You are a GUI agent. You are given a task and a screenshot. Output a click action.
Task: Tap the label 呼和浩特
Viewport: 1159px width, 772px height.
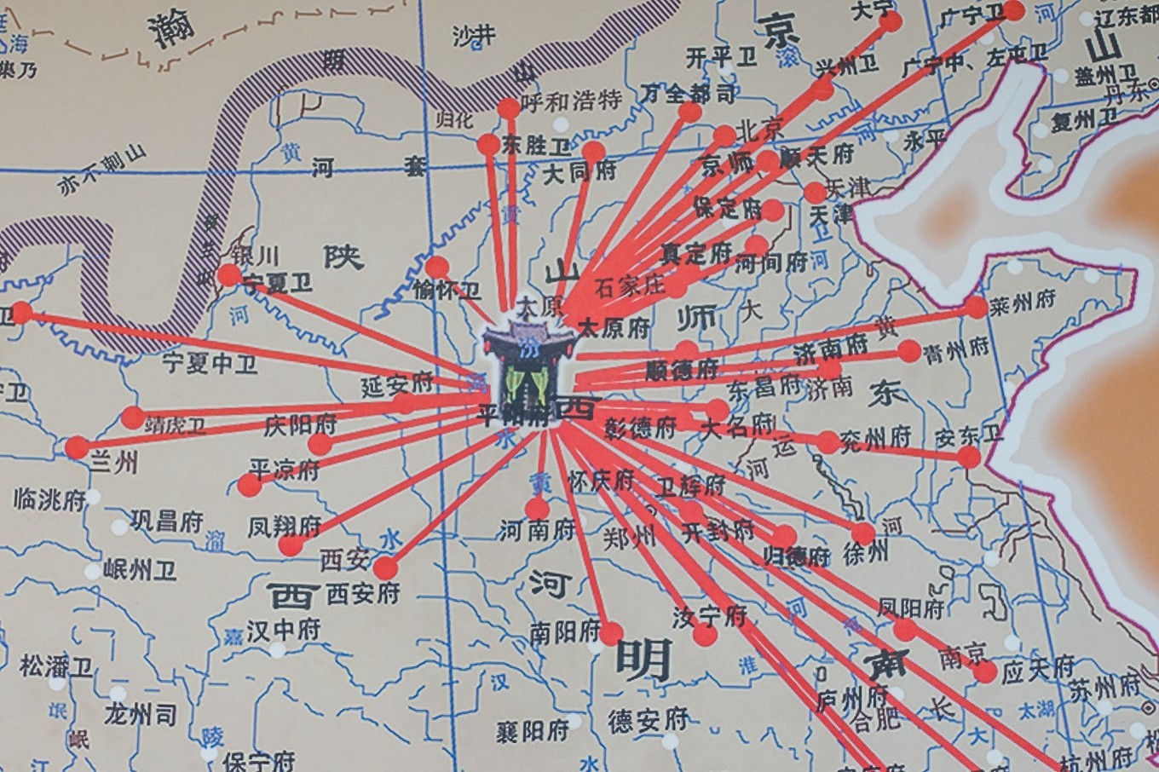pyautogui.click(x=571, y=101)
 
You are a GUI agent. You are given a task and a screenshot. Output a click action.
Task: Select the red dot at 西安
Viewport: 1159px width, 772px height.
pyautogui.click(x=385, y=567)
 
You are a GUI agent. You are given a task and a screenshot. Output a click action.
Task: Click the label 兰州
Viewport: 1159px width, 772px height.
pyautogui.click(x=113, y=463)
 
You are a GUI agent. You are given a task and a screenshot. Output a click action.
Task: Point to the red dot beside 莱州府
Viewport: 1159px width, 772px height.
pyautogui.click(x=977, y=308)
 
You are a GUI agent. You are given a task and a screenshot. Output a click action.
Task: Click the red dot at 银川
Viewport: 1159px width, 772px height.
pyautogui.click(x=229, y=275)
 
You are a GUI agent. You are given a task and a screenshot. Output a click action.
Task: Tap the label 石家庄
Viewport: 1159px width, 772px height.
pyautogui.click(x=629, y=285)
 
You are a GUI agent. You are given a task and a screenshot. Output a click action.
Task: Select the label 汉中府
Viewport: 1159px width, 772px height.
pyautogui.click(x=283, y=630)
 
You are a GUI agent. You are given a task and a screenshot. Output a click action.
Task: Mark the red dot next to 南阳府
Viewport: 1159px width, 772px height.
pyautogui.click(x=611, y=633)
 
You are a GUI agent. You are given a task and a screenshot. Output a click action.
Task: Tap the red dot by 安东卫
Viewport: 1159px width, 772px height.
pyautogui.click(x=969, y=458)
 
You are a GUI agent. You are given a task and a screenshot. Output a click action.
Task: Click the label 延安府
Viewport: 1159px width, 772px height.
pyautogui.click(x=396, y=385)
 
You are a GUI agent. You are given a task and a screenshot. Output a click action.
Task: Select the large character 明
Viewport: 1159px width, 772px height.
pyautogui.click(x=643, y=660)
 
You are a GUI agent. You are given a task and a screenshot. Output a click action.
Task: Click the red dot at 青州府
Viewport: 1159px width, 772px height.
pyautogui.click(x=909, y=350)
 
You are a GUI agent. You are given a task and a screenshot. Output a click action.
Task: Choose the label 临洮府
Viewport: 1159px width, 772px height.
pyautogui.click(x=49, y=500)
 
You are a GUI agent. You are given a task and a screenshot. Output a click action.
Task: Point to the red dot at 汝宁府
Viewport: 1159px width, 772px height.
pyautogui.click(x=705, y=635)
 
